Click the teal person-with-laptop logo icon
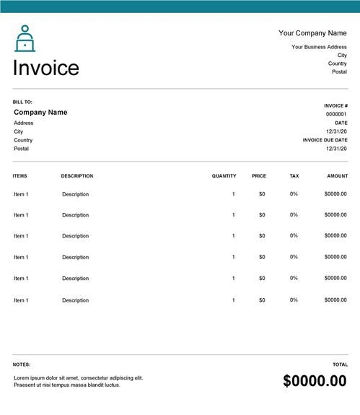[25, 38]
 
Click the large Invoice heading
[46, 68]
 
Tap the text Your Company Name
[312, 33]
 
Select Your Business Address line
[319, 47]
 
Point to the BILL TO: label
[22, 102]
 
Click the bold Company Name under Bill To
[40, 113]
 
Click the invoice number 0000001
[336, 114]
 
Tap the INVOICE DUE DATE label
[325, 140]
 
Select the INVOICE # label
[335, 105]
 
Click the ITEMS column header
[20, 176]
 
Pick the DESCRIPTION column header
[77, 176]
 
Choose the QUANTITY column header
[224, 176]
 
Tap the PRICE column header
[259, 176]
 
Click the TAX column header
[294, 176]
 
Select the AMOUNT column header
[337, 176]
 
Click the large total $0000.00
[315, 381]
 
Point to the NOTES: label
[22, 364]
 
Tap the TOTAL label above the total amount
[340, 364]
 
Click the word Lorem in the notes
[22, 377]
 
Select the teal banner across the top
[180, 6]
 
